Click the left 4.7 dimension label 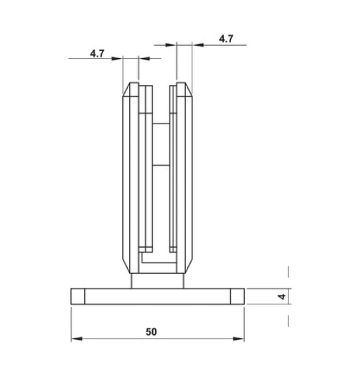[x=98, y=53]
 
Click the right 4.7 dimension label [x=226, y=39]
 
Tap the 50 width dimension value [x=151, y=332]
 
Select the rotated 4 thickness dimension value [x=282, y=297]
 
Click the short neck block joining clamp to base [x=158, y=281]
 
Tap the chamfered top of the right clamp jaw [x=184, y=89]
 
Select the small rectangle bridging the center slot [x=161, y=145]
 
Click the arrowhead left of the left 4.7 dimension [x=119, y=59]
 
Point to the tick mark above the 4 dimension [x=288, y=271]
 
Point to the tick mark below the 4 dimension [x=288, y=321]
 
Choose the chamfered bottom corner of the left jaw [x=128, y=267]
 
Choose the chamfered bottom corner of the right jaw [x=187, y=267]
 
